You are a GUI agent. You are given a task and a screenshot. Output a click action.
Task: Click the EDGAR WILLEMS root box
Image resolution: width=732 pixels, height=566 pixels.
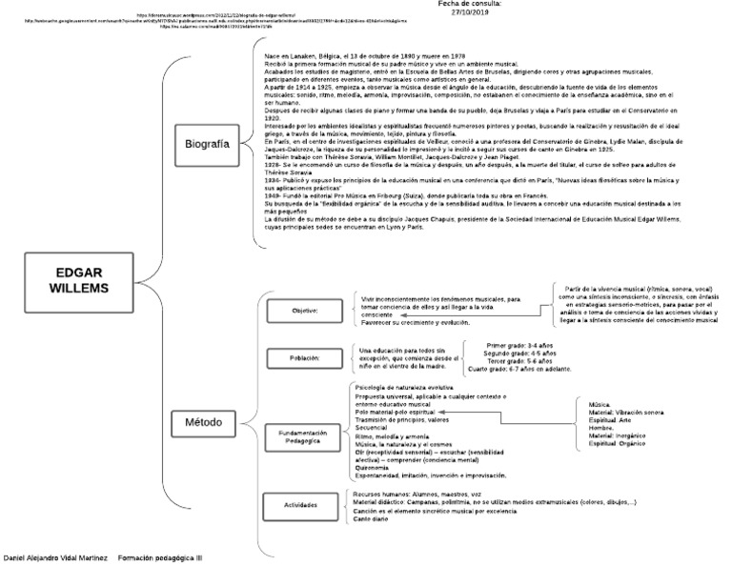pos(81,277)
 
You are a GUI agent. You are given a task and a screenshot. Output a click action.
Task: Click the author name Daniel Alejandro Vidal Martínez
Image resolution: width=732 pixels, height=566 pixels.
pos(56,556)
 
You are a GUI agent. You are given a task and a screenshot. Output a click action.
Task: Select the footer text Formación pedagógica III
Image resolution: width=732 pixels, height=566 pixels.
pos(160,556)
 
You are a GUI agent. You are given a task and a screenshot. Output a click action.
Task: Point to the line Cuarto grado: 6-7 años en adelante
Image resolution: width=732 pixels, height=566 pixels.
pos(519,369)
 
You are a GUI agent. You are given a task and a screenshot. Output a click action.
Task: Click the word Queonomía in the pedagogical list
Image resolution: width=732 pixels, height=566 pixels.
pos(372,467)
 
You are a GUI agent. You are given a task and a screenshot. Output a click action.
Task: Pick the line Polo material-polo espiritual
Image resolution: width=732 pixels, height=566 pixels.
pos(395,412)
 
